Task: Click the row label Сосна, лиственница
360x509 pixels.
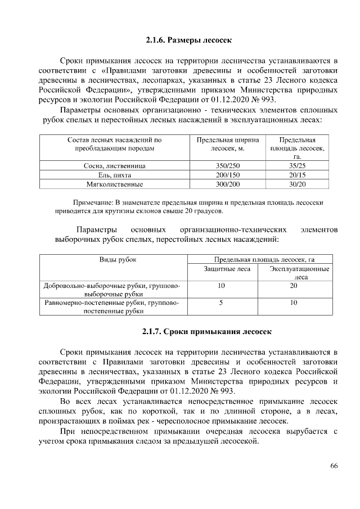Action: [x=114, y=166]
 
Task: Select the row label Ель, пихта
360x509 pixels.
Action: [x=114, y=175]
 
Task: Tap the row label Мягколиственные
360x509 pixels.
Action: [x=114, y=184]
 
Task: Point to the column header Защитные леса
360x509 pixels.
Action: [x=221, y=269]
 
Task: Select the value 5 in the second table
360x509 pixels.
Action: [x=221, y=303]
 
